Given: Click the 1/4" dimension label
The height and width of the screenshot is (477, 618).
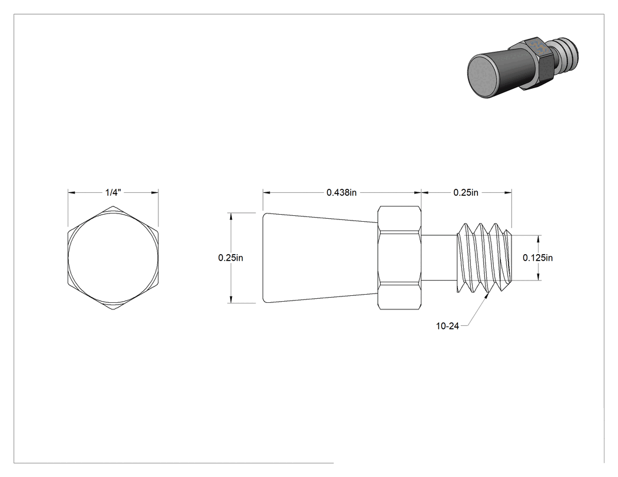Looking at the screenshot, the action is pyautogui.click(x=113, y=192).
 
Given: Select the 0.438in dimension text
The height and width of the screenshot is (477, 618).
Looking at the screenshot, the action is pyautogui.click(x=342, y=192).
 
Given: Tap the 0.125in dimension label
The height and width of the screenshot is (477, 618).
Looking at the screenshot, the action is pyautogui.click(x=537, y=258).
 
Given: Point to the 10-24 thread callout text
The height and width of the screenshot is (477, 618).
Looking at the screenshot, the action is pyautogui.click(x=447, y=326).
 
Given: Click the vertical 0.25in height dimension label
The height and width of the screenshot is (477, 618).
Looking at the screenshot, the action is pyautogui.click(x=231, y=258).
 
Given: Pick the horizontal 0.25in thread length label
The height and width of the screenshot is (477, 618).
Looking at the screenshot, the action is pyautogui.click(x=466, y=192).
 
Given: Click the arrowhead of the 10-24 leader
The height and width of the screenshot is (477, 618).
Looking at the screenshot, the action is pyautogui.click(x=487, y=295).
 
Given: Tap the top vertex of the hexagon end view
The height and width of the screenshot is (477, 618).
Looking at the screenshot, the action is pyautogui.click(x=113, y=206).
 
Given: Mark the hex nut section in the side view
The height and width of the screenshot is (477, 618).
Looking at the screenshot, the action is pyautogui.click(x=400, y=258).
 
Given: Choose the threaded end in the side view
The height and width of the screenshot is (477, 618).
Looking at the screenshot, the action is pyautogui.click(x=484, y=258).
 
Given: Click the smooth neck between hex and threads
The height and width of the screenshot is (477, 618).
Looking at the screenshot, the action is pyautogui.click(x=439, y=258).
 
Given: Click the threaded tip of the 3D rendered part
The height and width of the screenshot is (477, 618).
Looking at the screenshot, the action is pyautogui.click(x=566, y=51).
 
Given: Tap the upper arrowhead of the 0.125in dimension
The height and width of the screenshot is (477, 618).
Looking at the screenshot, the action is pyautogui.click(x=538, y=238).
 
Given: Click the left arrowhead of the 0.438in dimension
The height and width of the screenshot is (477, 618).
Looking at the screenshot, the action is pyautogui.click(x=267, y=192).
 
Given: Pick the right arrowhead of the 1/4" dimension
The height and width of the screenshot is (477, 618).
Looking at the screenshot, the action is pyautogui.click(x=155, y=192).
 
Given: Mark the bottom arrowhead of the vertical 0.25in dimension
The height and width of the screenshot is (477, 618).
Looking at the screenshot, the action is pyautogui.click(x=231, y=300).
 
